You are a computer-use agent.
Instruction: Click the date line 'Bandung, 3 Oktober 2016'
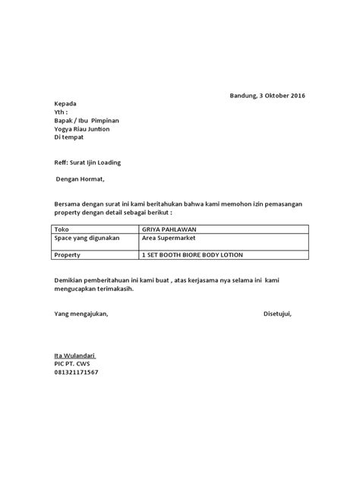click(267, 95)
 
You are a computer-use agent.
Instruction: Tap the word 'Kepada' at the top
click(65, 103)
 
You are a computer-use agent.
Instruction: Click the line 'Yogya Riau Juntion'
click(82, 129)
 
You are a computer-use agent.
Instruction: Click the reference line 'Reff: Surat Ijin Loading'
click(87, 163)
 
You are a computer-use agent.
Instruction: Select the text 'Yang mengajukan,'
click(81, 314)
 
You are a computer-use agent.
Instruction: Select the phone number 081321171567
click(76, 373)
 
